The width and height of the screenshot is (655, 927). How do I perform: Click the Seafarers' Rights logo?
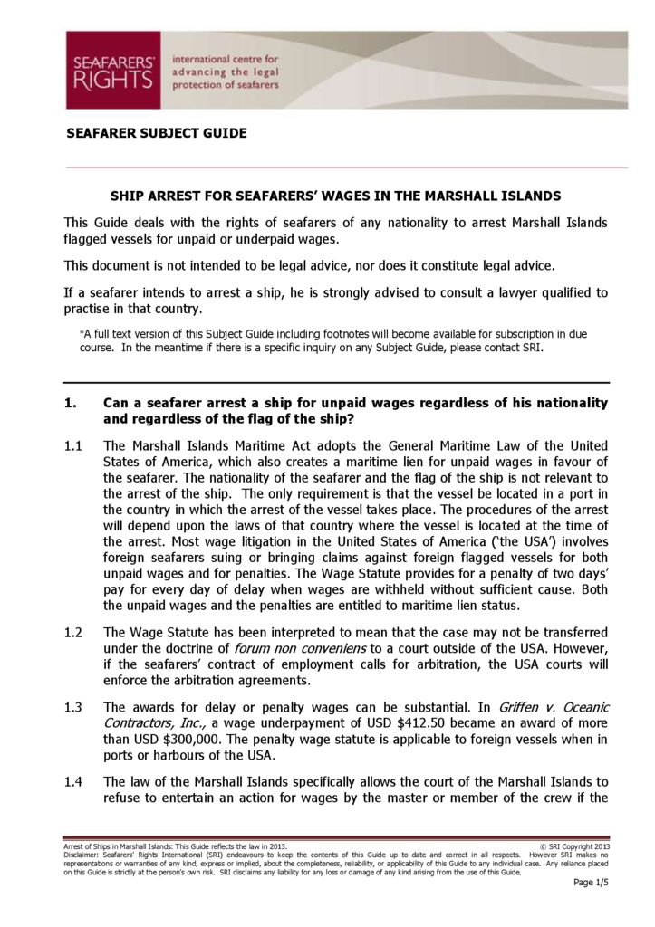112,70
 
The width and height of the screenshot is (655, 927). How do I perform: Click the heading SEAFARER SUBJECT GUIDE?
156,133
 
